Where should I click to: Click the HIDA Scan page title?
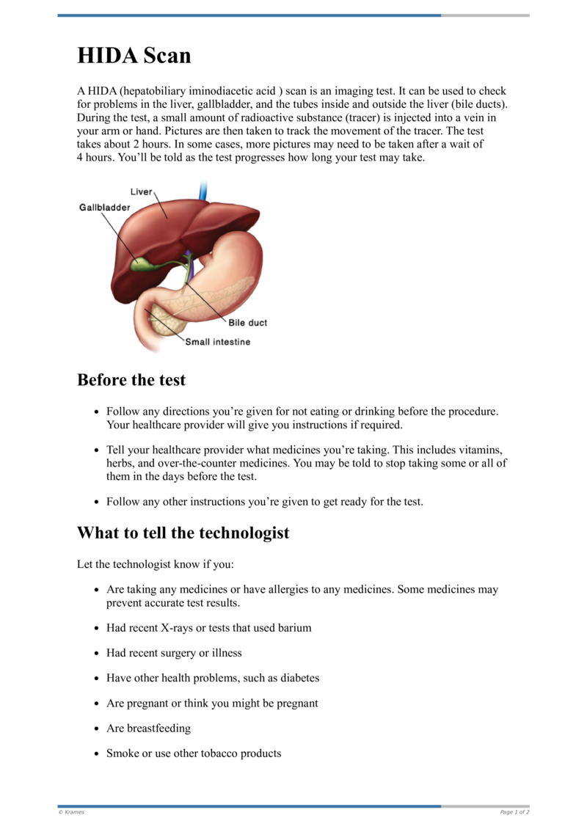coord(134,56)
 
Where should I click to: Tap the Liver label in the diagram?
coord(142,192)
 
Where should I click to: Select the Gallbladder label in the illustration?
coord(105,208)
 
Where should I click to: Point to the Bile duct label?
coord(247,323)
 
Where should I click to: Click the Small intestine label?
coord(217,342)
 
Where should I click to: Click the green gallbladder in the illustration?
coord(144,263)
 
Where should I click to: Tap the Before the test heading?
coord(131,380)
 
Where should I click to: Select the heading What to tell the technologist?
coord(183,533)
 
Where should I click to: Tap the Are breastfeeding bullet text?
coord(149,728)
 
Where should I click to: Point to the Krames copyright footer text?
coord(71,812)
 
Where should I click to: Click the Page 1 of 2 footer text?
coord(514,812)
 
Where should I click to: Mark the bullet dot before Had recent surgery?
coord(97,654)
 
